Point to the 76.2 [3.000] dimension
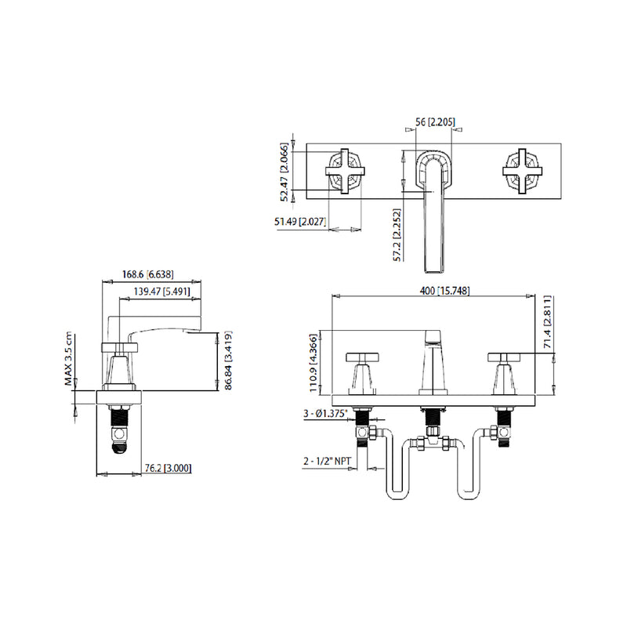[x=167, y=468]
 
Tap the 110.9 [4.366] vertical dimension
[x=314, y=360]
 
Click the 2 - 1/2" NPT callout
[x=328, y=462]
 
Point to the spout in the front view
[x=433, y=364]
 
